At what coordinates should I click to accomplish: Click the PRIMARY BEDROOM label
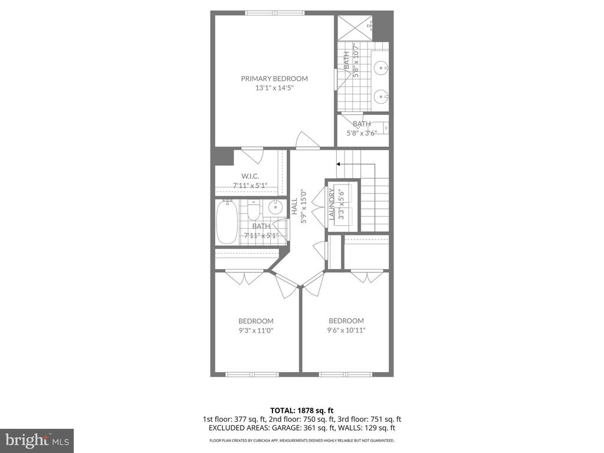pos(274,78)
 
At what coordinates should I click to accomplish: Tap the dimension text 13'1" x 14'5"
pos(274,88)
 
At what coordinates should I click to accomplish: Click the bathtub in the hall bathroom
pos(226,222)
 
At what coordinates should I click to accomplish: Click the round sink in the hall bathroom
pos(275,208)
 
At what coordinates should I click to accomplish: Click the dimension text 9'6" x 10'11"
pos(346,330)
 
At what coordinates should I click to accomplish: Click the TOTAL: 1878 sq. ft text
pos(301,409)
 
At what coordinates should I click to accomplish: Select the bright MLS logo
pos(37,440)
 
